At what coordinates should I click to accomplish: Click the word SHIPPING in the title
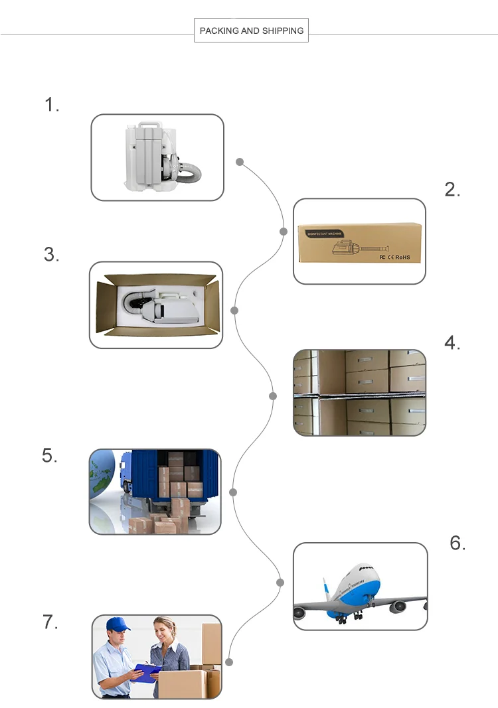(x=283, y=31)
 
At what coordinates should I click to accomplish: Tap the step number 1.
(x=52, y=104)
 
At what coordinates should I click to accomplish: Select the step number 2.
(x=452, y=190)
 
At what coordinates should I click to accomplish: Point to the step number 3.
(x=52, y=254)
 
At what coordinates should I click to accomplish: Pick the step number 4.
(x=452, y=343)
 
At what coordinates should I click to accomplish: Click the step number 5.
(x=50, y=456)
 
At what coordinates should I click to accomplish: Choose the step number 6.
(x=457, y=543)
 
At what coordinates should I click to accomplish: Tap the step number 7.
(x=50, y=622)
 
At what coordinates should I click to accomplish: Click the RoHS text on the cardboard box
(x=403, y=257)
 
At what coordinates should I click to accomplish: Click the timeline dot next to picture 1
(x=240, y=161)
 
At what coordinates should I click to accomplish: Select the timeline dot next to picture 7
(x=229, y=662)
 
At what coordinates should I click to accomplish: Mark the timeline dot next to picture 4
(x=272, y=396)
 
